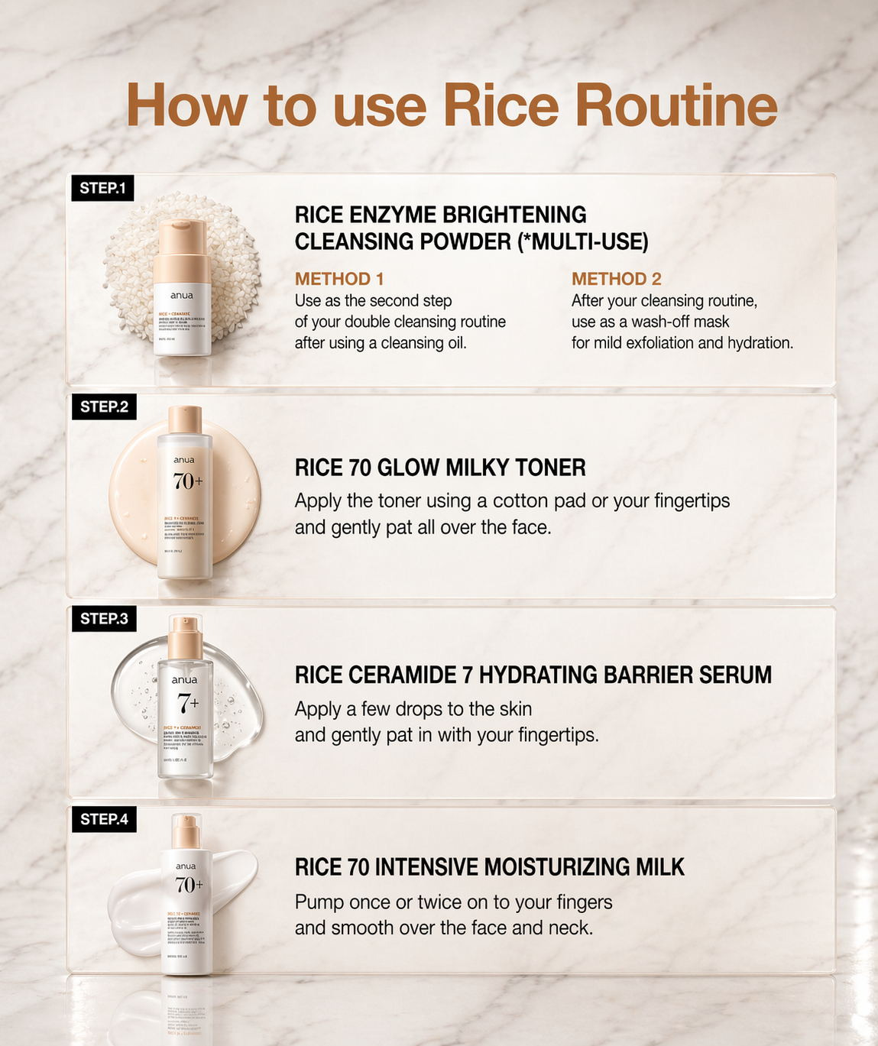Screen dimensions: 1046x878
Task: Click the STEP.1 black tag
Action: [x=102, y=188]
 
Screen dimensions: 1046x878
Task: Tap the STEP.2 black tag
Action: [x=104, y=406]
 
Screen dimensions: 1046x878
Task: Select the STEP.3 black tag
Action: [x=104, y=618]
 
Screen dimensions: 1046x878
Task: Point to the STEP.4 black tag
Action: [x=104, y=819]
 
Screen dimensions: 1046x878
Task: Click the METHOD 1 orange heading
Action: [x=339, y=279]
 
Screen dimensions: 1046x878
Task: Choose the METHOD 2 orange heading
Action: [x=617, y=279]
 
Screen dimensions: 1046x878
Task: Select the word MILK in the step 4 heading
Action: [x=659, y=867]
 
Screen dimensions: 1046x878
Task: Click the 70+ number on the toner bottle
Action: [x=188, y=481]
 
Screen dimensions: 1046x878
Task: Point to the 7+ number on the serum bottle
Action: [x=188, y=701]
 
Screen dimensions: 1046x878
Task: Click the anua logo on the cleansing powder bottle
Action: [x=182, y=295]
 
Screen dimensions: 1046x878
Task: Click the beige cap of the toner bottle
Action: [x=185, y=421]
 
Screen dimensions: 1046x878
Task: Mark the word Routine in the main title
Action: [x=676, y=105]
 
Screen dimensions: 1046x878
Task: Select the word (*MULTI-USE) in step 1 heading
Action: [x=583, y=242]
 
